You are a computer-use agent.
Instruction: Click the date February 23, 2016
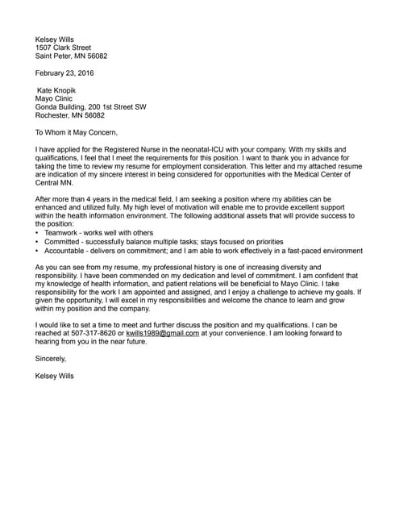[64, 73]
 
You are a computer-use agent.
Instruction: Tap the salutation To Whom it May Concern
[77, 133]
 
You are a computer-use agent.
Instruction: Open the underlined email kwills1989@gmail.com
[163, 333]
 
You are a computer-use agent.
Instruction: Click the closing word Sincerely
[51, 359]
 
